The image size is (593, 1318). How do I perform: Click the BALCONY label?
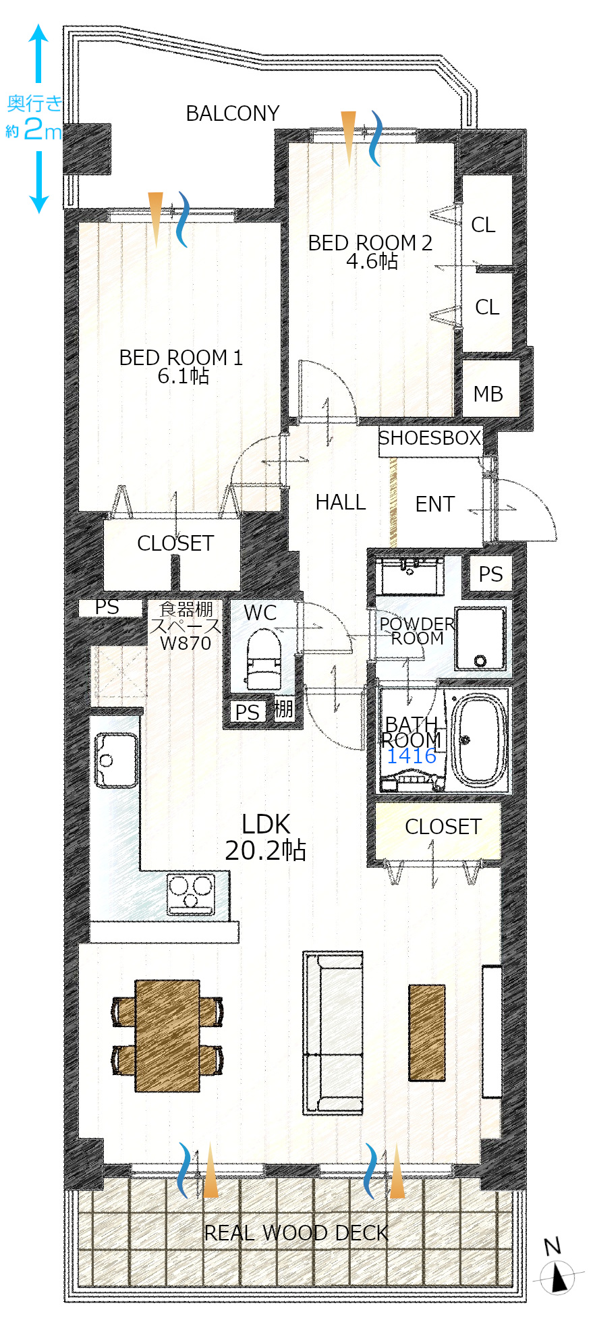(x=233, y=113)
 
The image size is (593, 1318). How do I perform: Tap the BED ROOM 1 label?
(x=181, y=358)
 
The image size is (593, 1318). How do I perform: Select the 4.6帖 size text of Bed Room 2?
(x=372, y=261)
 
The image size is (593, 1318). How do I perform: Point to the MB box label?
(x=488, y=394)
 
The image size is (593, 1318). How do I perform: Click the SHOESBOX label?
(x=430, y=438)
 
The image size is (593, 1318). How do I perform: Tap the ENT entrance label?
(x=435, y=504)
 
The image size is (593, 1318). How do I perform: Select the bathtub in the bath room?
(x=478, y=740)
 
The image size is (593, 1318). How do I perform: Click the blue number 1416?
(x=412, y=756)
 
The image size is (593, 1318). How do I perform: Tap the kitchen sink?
(x=116, y=760)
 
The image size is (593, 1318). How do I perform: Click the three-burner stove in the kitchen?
(x=191, y=893)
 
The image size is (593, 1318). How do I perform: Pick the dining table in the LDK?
(x=167, y=1035)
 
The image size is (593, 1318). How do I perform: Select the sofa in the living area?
(x=333, y=1032)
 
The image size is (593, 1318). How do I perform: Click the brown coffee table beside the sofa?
(x=427, y=1033)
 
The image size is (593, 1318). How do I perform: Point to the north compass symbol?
(x=558, y=1269)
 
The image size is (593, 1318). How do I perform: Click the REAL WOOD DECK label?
(x=296, y=1233)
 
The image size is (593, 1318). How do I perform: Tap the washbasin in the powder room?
(x=410, y=575)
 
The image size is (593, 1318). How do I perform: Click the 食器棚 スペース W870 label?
(x=186, y=626)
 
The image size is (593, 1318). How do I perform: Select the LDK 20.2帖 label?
(x=266, y=837)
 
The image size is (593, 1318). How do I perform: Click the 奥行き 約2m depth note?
(x=34, y=116)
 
